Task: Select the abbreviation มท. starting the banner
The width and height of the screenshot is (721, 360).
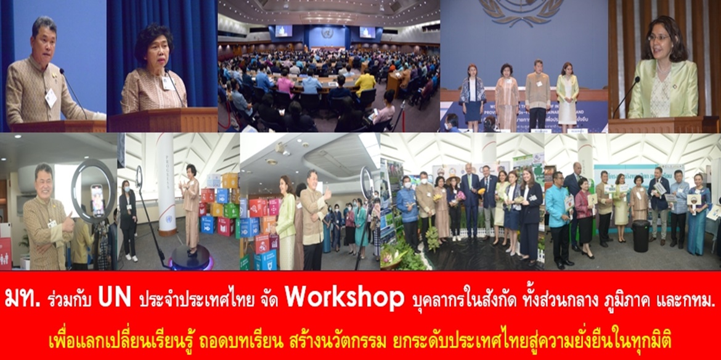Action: click(23, 299)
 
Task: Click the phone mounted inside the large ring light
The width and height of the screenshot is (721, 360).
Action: click(97, 200)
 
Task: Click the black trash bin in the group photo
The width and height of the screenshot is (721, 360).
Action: click(640, 236)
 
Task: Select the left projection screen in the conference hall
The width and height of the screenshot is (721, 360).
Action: click(283, 31)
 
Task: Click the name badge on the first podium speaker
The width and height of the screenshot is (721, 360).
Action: click(51, 98)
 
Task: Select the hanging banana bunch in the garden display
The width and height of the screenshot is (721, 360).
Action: click(432, 237)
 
